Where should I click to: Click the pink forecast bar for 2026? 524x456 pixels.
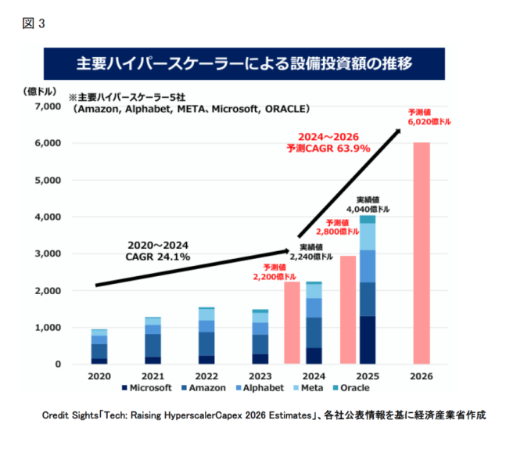pyautogui.click(x=422, y=253)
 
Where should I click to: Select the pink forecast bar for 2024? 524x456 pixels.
pyautogui.click(x=292, y=323)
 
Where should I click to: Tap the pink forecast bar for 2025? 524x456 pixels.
pyautogui.click(x=348, y=310)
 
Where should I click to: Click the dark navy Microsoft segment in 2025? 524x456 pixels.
pyautogui.click(x=368, y=340)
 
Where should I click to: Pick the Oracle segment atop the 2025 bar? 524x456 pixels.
pyautogui.click(x=368, y=219)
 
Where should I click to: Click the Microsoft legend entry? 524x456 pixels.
pyautogui.click(x=147, y=388)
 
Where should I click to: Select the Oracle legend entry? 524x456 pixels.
pyautogui.click(x=351, y=388)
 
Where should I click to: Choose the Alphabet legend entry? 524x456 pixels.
pyautogui.click(x=260, y=388)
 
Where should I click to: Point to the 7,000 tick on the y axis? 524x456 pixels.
pyautogui.click(x=48, y=106)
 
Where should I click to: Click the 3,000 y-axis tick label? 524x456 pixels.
pyautogui.click(x=48, y=253)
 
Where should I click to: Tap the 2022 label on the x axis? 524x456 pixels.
pyautogui.click(x=206, y=376)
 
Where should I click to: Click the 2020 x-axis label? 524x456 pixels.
pyautogui.click(x=99, y=376)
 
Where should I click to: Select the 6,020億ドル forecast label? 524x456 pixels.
pyautogui.click(x=429, y=122)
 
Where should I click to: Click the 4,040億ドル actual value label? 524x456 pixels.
pyautogui.click(x=368, y=210)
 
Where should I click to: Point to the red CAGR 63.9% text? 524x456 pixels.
pyautogui.click(x=328, y=148)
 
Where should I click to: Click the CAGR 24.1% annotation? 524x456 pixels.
pyautogui.click(x=158, y=257)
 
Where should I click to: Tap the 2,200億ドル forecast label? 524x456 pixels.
pyautogui.click(x=275, y=277)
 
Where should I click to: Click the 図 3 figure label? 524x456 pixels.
pyautogui.click(x=34, y=23)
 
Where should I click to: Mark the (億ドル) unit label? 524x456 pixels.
pyautogui.click(x=40, y=92)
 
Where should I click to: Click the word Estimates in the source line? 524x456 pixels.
pyautogui.click(x=290, y=415)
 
